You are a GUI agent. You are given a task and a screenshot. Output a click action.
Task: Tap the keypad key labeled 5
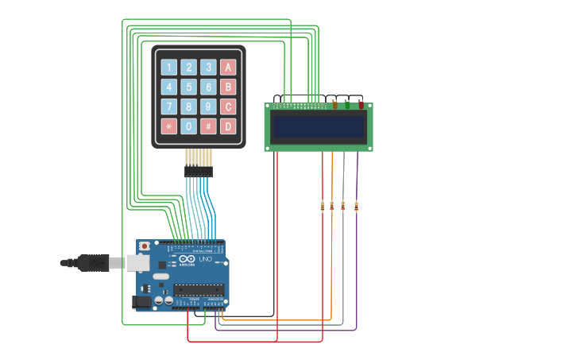[x=188, y=87]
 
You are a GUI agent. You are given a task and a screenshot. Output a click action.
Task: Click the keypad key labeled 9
[x=208, y=106]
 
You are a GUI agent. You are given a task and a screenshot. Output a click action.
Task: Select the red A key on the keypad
[x=228, y=68]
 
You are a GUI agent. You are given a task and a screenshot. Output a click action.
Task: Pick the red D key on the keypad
[x=228, y=126]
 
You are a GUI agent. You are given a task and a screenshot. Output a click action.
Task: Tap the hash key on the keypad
[x=208, y=126]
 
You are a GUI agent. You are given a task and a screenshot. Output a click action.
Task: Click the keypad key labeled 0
[x=188, y=126]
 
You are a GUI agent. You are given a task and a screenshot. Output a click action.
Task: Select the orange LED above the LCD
[x=334, y=104]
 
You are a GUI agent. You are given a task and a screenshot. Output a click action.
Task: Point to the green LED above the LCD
[x=347, y=104]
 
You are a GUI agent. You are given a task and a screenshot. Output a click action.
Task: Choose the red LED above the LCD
[x=361, y=104]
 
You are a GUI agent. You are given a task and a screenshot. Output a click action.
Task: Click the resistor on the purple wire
[x=356, y=207]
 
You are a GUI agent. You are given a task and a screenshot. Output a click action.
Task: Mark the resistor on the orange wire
[x=332, y=206]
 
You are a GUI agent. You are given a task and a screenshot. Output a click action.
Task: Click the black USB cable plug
[x=94, y=262]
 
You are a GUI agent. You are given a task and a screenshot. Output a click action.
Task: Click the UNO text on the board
[x=204, y=260]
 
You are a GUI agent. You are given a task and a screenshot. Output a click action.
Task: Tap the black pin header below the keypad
[x=199, y=171]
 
